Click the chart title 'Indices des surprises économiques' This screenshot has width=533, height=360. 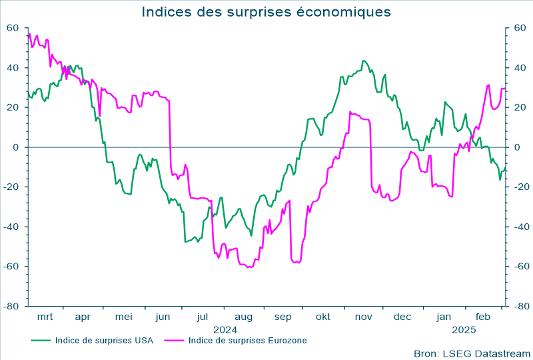[266, 12]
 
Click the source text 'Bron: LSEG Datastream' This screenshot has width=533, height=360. [472, 353]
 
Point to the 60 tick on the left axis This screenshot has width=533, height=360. [13, 28]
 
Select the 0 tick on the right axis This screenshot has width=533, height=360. [516, 147]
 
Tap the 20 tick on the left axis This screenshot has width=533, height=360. [13, 107]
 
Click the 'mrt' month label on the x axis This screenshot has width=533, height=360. [45, 317]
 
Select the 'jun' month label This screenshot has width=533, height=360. [163, 317]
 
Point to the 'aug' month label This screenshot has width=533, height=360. [243, 317]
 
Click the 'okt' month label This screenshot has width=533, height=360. [323, 317]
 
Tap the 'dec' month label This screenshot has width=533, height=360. [402, 317]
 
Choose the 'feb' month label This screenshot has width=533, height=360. [482, 317]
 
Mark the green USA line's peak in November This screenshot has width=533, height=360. [364, 61]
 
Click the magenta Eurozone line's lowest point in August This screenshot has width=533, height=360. [250, 267]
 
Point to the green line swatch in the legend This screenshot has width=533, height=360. [41, 340]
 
